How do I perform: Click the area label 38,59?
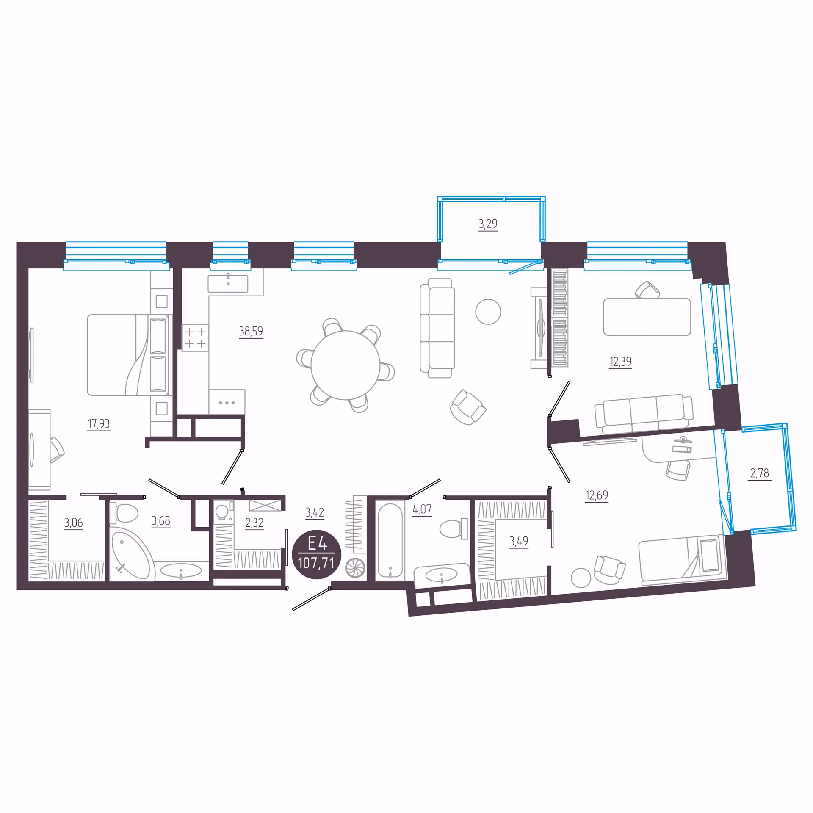pyautogui.click(x=251, y=331)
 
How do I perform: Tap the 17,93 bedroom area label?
pyautogui.click(x=99, y=423)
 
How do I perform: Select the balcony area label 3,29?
pyautogui.click(x=488, y=224)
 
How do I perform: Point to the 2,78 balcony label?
pyautogui.click(x=760, y=473)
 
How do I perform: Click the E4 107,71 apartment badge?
pyautogui.click(x=316, y=554)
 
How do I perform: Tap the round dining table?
pyautogui.click(x=345, y=365)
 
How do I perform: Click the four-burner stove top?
pyautogui.click(x=195, y=337)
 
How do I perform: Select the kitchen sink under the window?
pyautogui.click(x=228, y=284)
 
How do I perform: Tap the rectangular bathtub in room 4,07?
pyautogui.click(x=390, y=541)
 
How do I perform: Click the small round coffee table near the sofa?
pyautogui.click(x=488, y=312)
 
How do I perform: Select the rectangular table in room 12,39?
pyautogui.click(x=647, y=317)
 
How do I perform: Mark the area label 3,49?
pyautogui.click(x=519, y=541)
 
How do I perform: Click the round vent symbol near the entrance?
pyautogui.click(x=355, y=568)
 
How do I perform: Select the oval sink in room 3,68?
pyautogui.click(x=181, y=570)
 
